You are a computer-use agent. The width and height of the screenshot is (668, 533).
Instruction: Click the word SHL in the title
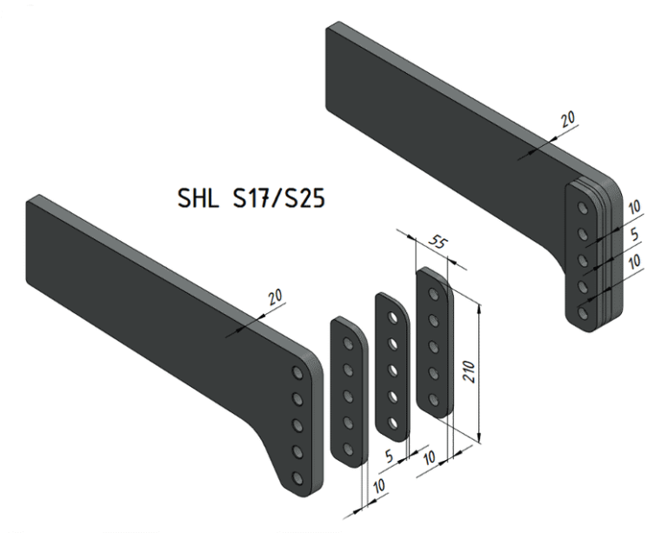tap(197, 198)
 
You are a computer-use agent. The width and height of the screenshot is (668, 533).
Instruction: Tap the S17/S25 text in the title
tap(278, 198)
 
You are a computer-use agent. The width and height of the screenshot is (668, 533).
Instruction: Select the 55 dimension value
tap(438, 243)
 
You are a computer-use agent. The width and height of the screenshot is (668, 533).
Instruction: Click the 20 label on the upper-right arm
tap(567, 119)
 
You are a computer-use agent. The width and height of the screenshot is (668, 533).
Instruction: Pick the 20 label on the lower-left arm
tap(275, 296)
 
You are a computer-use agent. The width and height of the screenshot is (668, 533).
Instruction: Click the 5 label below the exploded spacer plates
tap(390, 456)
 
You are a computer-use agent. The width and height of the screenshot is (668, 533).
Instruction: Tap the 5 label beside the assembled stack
tap(634, 234)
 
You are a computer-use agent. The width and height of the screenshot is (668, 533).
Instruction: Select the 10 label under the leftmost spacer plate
tap(378, 486)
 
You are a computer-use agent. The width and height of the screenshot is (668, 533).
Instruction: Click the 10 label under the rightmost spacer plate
tap(430, 457)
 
